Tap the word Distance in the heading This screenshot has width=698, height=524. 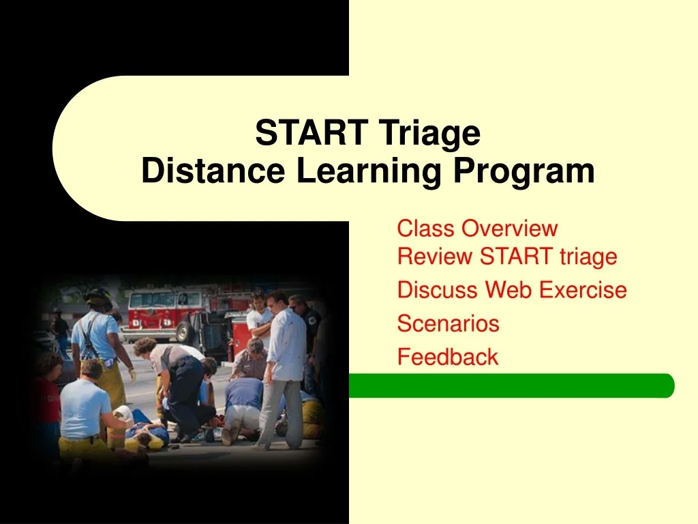coord(213,171)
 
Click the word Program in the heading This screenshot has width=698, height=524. coord(523,171)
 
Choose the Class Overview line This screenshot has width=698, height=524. coord(477,229)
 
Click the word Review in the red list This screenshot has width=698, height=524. coord(435,257)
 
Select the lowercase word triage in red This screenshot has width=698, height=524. coord(588,257)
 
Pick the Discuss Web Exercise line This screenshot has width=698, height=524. coord(511,290)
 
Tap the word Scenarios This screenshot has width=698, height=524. coord(448,323)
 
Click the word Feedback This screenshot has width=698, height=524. coord(447,357)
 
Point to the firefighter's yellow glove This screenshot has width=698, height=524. coord(132,375)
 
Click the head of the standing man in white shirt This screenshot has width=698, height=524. coord(277,300)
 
